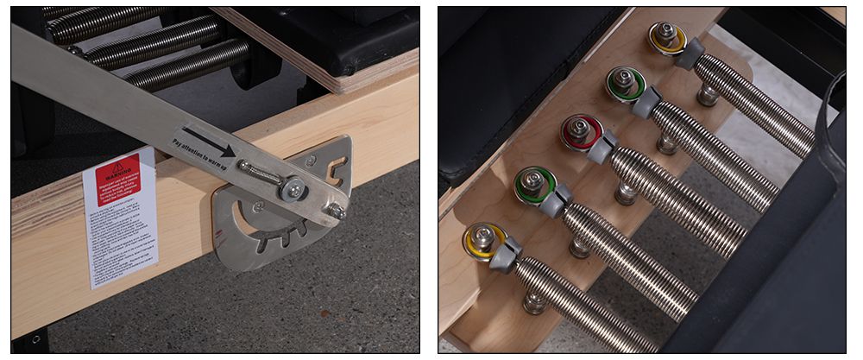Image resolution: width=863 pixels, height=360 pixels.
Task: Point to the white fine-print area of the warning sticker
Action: [x=121, y=229]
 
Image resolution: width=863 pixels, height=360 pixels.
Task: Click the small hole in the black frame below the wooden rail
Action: [x=35, y=338]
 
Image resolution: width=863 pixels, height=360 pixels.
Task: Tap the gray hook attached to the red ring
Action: [x=602, y=146]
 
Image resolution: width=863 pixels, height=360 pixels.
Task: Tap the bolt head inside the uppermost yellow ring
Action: [x=665, y=34]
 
